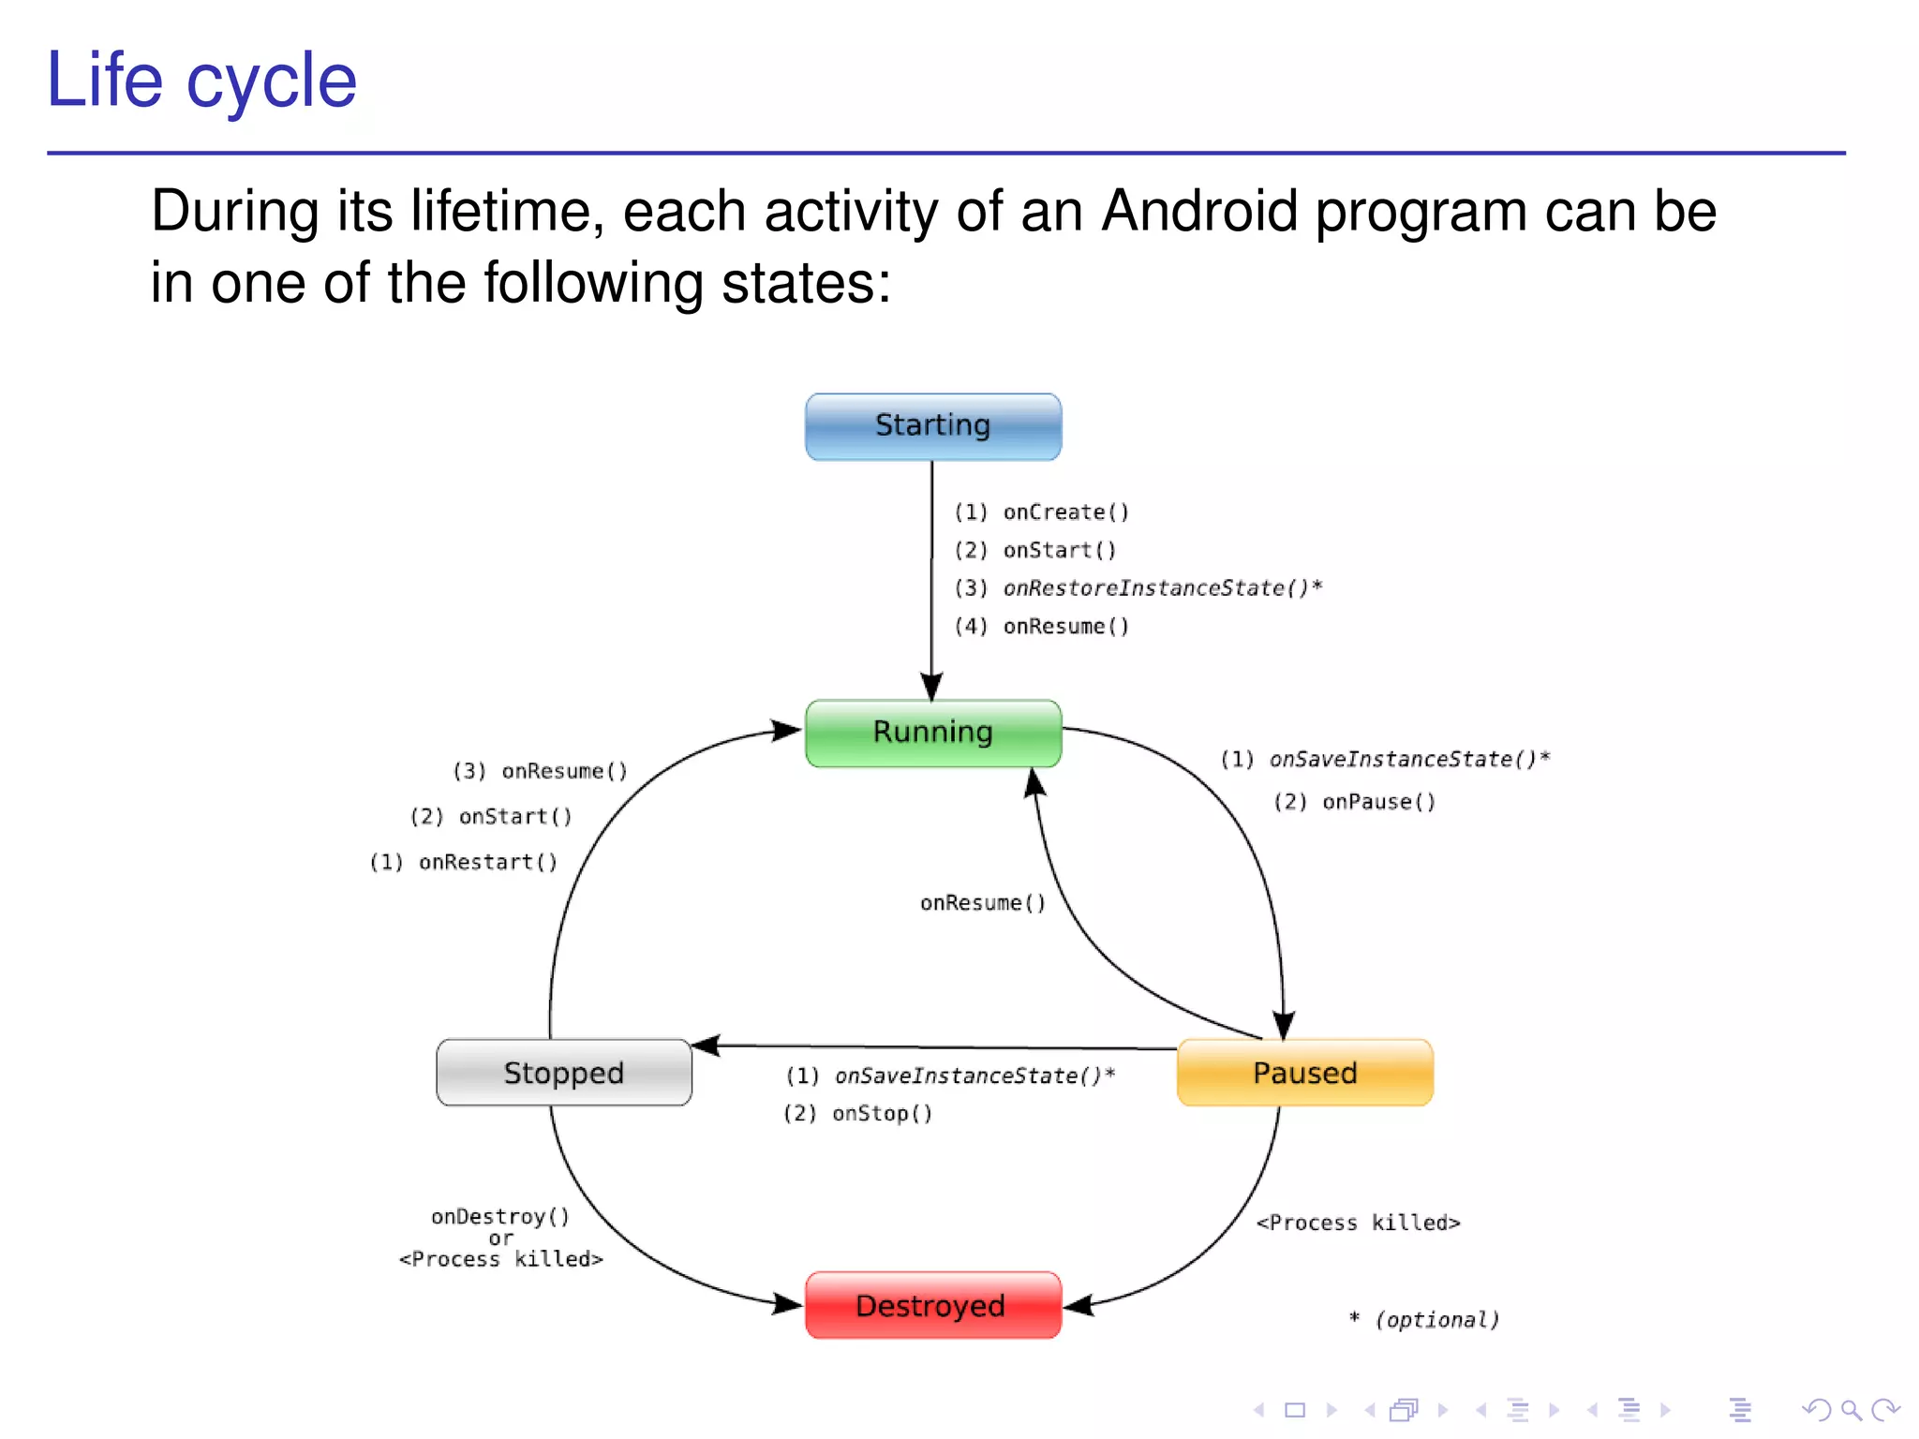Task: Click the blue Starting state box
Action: [932, 426]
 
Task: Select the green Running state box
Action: [932, 733]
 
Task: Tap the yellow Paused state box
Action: [1304, 1073]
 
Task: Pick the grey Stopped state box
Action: [563, 1073]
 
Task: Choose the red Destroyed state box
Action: [932, 1305]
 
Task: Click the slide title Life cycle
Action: [201, 81]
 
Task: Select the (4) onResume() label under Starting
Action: [1042, 627]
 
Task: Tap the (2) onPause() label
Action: [1354, 802]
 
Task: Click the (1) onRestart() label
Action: [464, 862]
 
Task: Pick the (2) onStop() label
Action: [858, 1113]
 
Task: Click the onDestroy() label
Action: [500, 1216]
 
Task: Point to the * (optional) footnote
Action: [1424, 1320]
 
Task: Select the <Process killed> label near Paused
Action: [1358, 1223]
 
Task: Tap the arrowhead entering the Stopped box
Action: [705, 1045]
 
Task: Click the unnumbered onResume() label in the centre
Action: [982, 903]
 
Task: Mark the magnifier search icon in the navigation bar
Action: [1851, 1410]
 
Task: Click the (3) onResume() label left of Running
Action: [541, 771]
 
